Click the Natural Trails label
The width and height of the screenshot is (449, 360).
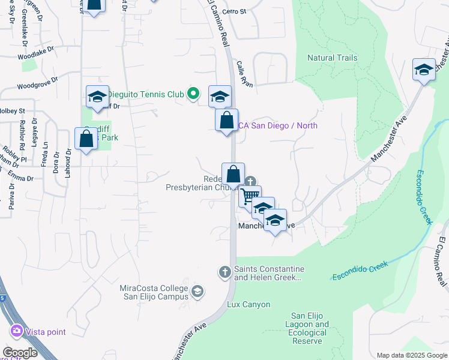click(x=332, y=58)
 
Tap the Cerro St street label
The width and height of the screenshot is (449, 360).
click(x=234, y=11)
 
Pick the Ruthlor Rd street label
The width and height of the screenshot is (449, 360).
click(x=22, y=134)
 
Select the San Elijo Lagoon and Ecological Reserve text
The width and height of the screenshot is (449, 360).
click(x=310, y=329)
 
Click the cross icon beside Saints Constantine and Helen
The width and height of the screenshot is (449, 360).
click(x=225, y=273)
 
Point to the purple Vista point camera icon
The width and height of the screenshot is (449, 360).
click(x=16, y=331)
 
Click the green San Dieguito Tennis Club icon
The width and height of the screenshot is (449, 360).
click(x=193, y=93)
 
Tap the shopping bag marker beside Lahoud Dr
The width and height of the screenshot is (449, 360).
click(x=86, y=138)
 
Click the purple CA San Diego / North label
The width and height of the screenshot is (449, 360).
click(x=277, y=125)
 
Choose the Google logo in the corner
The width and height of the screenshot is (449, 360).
click(x=20, y=353)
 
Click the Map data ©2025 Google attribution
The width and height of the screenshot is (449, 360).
click(x=412, y=355)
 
